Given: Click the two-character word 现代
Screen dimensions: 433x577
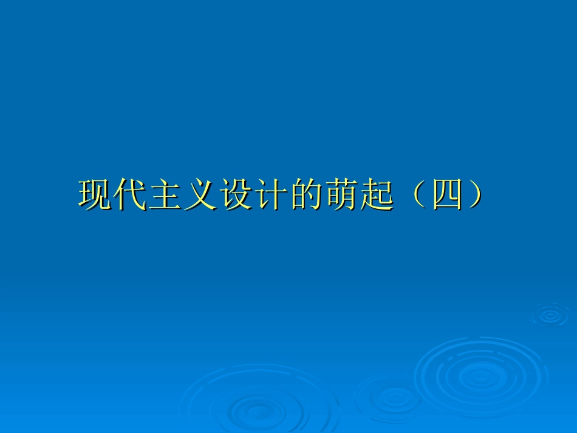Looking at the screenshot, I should click(113, 195).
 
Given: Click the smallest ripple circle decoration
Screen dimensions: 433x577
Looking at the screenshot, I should click(550, 315).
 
